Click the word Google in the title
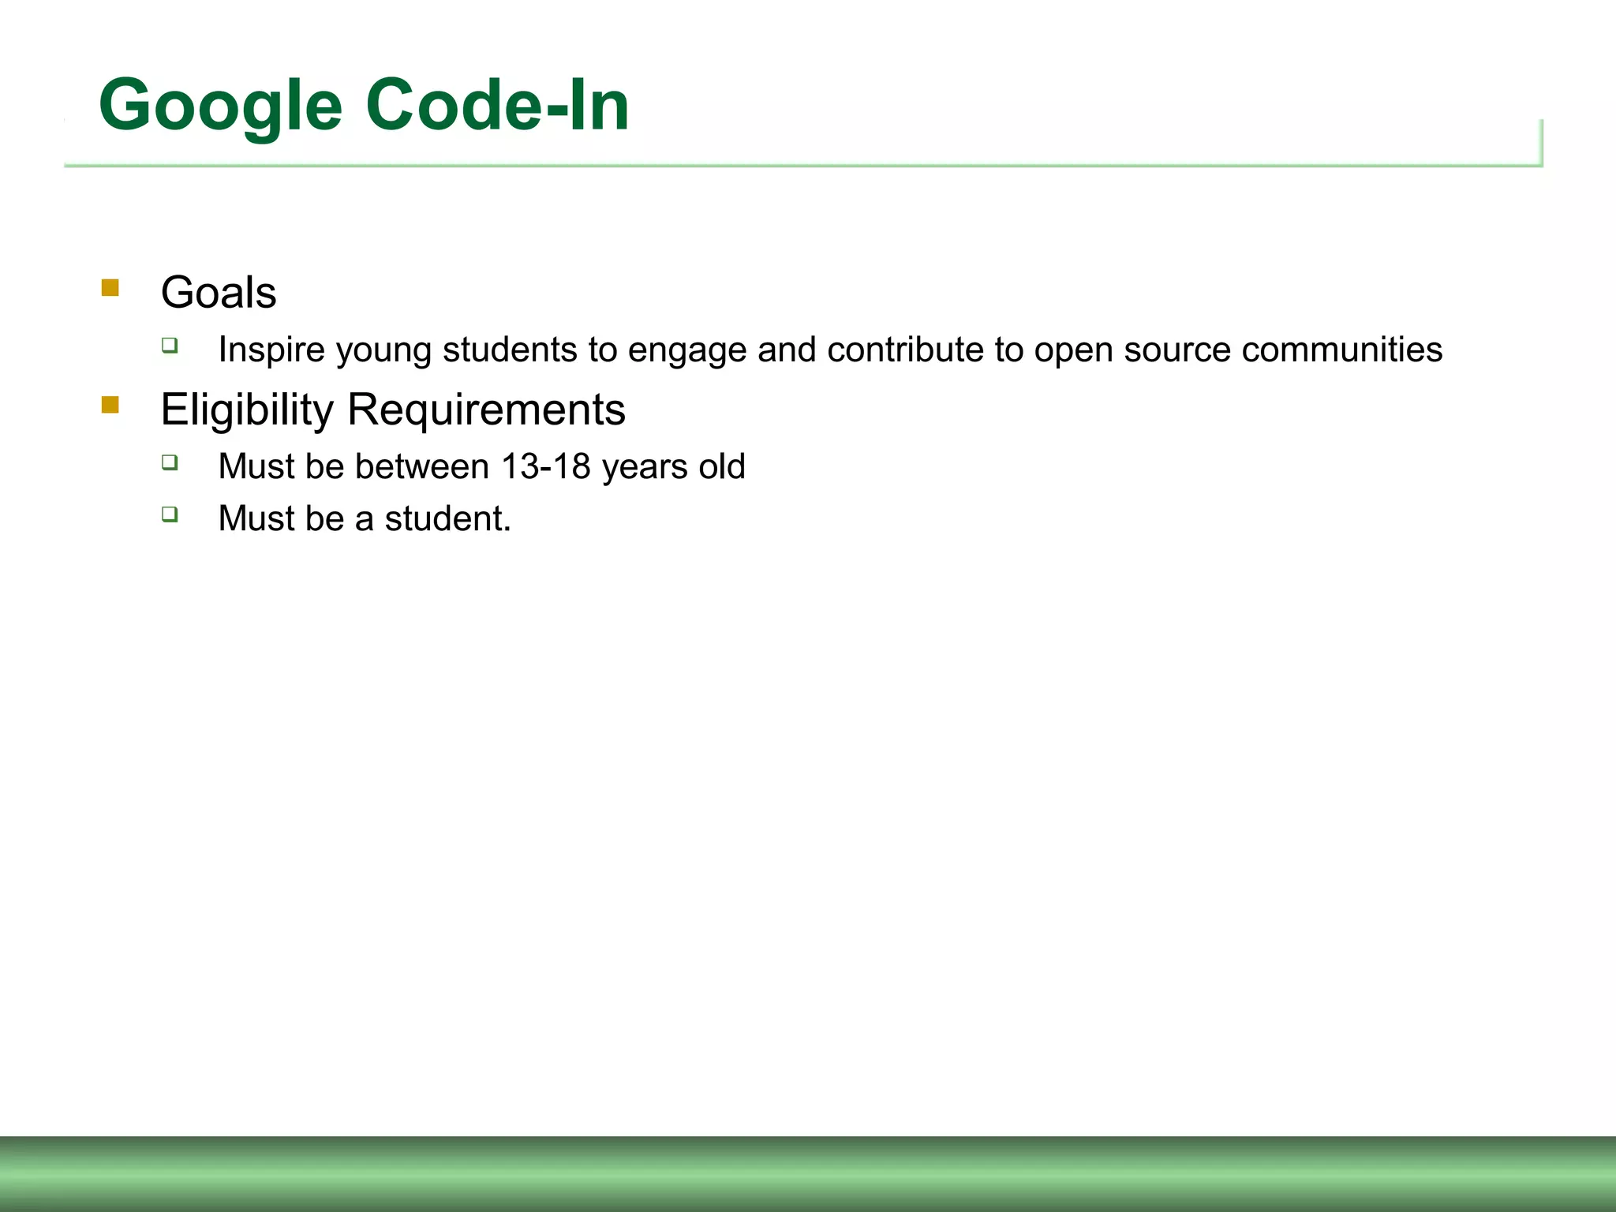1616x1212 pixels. pyautogui.click(x=220, y=107)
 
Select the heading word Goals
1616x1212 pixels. pyautogui.click(x=219, y=293)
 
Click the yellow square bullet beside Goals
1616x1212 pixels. pyautogui.click(x=110, y=287)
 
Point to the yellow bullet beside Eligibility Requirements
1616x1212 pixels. pyautogui.click(x=110, y=405)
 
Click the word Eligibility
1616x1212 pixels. pyautogui.click(x=247, y=410)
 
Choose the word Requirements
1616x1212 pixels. pyautogui.click(x=486, y=410)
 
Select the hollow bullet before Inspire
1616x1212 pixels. pyautogui.click(x=170, y=345)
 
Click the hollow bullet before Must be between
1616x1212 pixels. pyautogui.click(x=170, y=462)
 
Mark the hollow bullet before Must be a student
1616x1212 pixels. pyautogui.click(x=170, y=514)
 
